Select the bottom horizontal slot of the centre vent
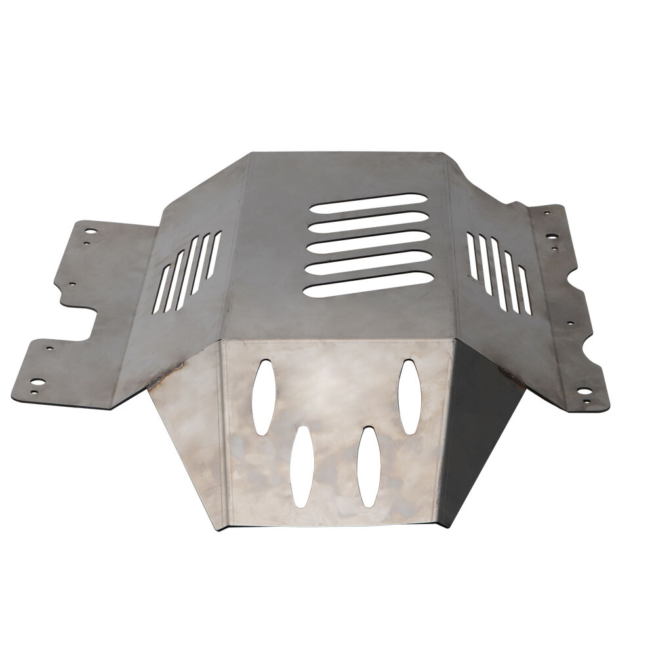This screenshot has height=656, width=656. [368, 284]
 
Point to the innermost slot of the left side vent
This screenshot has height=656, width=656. [213, 254]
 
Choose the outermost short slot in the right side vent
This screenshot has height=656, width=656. [524, 289]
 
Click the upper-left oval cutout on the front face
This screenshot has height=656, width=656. [263, 397]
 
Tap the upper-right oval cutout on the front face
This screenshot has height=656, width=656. [409, 396]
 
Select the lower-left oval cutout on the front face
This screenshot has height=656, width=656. [301, 466]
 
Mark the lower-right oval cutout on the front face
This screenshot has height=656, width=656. [368, 466]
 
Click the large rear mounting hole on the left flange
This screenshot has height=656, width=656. [91, 232]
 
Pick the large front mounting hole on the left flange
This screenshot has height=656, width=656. [38, 382]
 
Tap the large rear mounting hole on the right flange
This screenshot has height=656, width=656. [552, 236]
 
